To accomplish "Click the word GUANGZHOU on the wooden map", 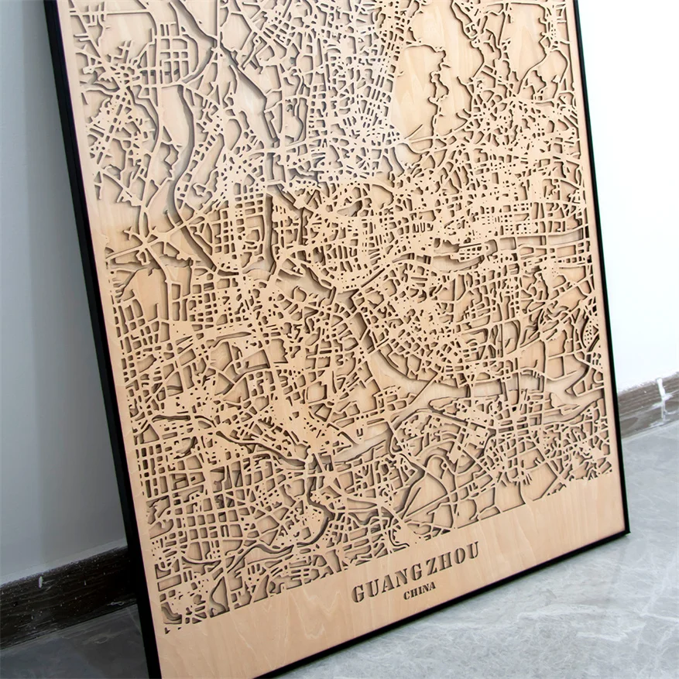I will point(416,571).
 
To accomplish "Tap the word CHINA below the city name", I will point(419,591).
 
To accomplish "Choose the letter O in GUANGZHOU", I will point(458,556).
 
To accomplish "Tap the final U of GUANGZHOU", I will point(472,550).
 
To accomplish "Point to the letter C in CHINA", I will point(407,595).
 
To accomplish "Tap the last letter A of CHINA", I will point(431,586).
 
